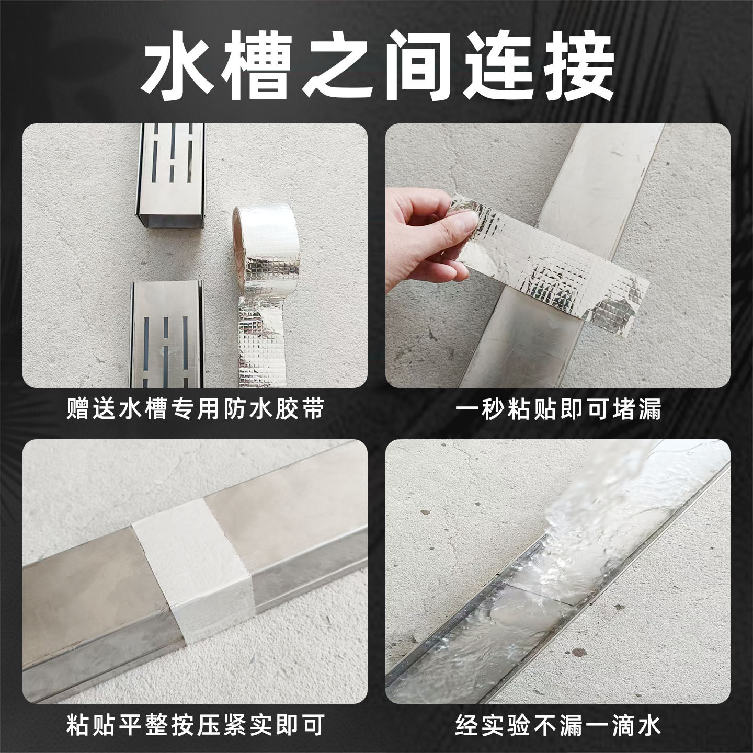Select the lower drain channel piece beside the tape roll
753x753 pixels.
(x=166, y=332)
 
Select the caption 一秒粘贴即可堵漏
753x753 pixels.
(x=558, y=409)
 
